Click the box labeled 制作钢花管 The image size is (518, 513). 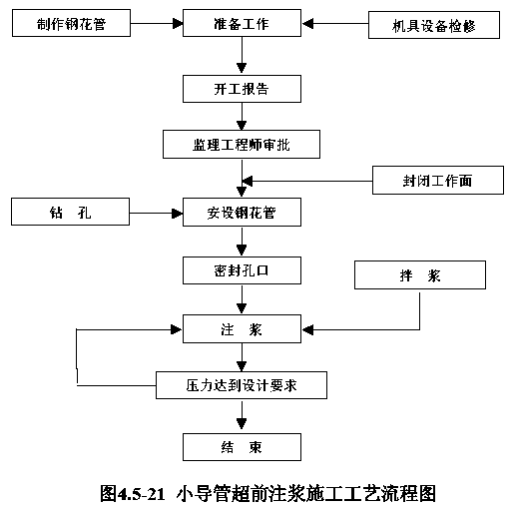(71, 23)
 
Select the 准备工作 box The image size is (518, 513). (242, 23)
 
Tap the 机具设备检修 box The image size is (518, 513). (434, 25)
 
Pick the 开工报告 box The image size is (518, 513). (242, 89)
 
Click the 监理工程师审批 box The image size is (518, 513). (242, 144)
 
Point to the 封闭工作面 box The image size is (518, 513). (438, 180)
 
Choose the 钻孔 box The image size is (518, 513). (70, 212)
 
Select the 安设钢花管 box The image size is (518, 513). (242, 213)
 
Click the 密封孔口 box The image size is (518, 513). (242, 270)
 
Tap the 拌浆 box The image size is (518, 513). (420, 274)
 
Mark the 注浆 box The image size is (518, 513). (242, 328)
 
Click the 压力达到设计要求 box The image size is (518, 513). (242, 385)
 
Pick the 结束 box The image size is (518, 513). (242, 447)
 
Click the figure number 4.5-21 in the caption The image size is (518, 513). (141, 494)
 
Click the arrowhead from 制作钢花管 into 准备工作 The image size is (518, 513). (178, 24)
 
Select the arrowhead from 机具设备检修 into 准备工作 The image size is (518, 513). (307, 24)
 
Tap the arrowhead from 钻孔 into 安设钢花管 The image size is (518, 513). (177, 214)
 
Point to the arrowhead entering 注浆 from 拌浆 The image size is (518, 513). (307, 330)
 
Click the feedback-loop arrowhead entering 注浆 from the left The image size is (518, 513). (176, 329)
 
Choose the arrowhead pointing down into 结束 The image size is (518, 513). (242, 424)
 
